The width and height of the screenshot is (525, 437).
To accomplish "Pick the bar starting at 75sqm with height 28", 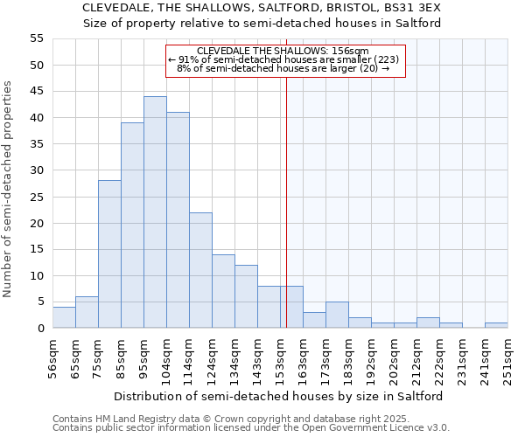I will [x=109, y=254].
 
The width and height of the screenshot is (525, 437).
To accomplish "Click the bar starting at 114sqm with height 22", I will [x=200, y=270].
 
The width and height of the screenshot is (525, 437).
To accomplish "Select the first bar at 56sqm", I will [x=64, y=318].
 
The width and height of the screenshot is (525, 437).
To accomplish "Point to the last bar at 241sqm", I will [x=496, y=326].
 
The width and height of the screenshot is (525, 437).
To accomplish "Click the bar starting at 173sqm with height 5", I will [x=337, y=316].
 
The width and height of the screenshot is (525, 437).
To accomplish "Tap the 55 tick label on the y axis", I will [x=36, y=38].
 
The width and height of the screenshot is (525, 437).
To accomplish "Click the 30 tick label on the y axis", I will [x=36, y=170].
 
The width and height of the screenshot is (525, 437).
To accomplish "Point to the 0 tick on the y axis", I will [x=39, y=329].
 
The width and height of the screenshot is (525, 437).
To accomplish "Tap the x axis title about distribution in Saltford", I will [x=278, y=396].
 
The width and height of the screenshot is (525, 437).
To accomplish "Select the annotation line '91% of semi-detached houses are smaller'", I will [x=285, y=59].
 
